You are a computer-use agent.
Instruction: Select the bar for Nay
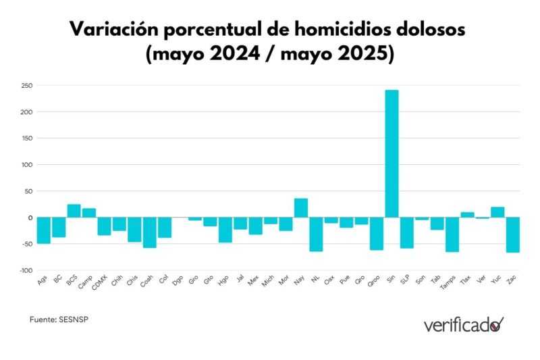coord(301,208)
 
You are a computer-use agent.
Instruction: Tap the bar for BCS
coord(74,211)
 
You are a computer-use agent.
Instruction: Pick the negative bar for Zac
coord(512,234)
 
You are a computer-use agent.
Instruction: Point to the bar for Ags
coord(43,230)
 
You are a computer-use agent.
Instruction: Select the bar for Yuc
coord(497,212)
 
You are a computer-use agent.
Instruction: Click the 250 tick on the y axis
coord(27,86)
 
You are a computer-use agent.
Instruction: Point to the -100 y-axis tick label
coord(26,270)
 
